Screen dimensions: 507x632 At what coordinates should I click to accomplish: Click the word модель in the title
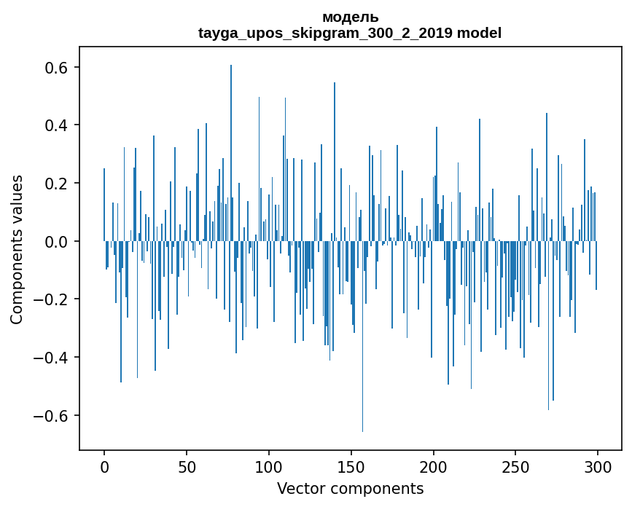tap(350, 17)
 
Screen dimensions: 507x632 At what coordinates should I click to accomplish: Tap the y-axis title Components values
tap(17, 249)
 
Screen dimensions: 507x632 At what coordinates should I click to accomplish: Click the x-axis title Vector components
tap(350, 488)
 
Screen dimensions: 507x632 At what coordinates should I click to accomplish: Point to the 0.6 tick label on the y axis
tap(54, 68)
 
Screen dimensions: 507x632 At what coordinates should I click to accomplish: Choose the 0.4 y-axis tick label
tap(54, 125)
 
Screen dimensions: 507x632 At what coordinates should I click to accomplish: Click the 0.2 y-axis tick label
tap(54, 184)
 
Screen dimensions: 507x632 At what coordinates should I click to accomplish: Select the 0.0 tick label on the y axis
tap(54, 241)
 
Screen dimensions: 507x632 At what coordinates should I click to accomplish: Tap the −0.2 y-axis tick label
tap(50, 299)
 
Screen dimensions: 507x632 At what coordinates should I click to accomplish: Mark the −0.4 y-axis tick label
tap(50, 358)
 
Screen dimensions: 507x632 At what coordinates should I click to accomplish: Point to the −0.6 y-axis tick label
tap(50, 416)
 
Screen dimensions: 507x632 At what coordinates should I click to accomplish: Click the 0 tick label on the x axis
tap(104, 466)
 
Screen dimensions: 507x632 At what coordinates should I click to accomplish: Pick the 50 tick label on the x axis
tap(187, 466)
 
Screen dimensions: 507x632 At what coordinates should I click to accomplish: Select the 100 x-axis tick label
tap(269, 466)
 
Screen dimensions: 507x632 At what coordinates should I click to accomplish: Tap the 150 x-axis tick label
tap(351, 466)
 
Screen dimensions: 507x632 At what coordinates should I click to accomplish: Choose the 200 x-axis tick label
tap(434, 466)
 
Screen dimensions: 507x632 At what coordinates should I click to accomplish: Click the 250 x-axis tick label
tap(516, 466)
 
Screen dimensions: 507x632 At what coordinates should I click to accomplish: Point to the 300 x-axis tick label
tap(598, 466)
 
